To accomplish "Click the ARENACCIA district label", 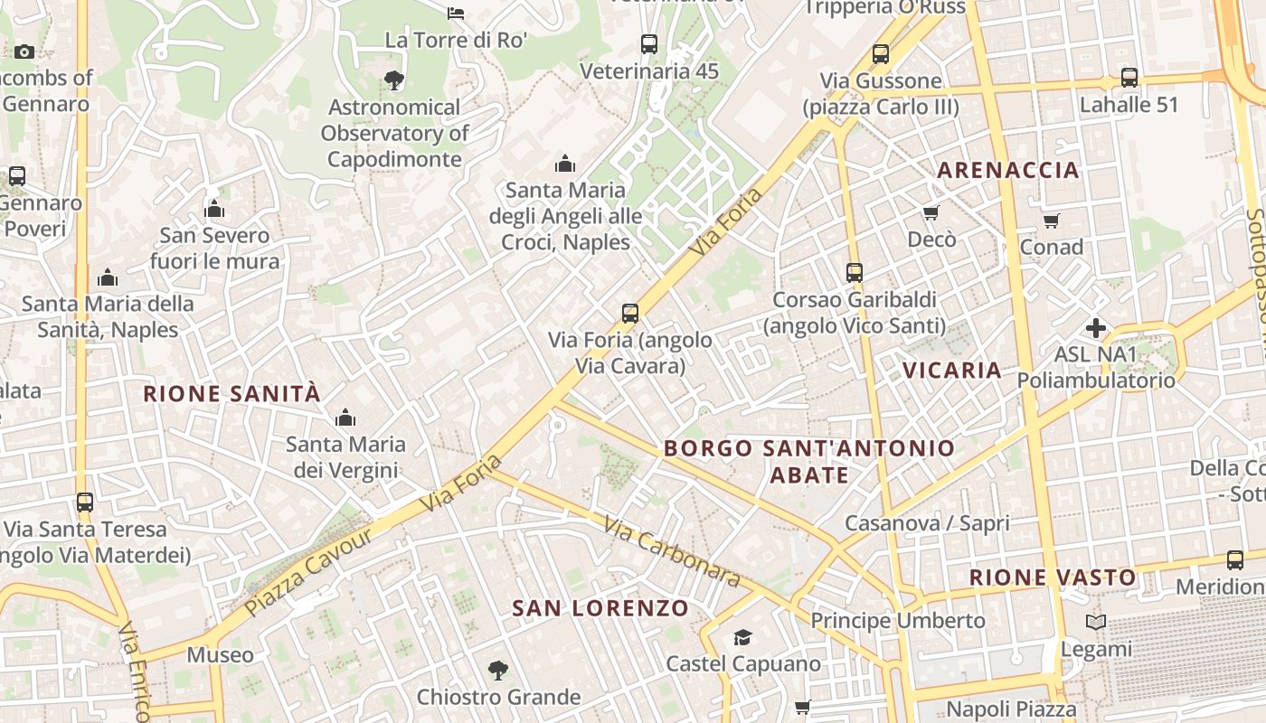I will pyautogui.click(x=1008, y=170).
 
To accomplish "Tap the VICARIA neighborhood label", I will pyautogui.click(x=952, y=370).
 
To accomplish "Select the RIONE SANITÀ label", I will pyautogui.click(x=232, y=394).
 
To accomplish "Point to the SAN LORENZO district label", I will pyautogui.click(x=600, y=608).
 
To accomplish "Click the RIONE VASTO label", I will pyautogui.click(x=1053, y=577).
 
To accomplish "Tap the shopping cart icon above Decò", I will pyautogui.click(x=931, y=213).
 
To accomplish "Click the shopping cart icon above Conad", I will pyautogui.click(x=1051, y=221).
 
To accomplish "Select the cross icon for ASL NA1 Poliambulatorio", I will pyautogui.click(x=1096, y=327).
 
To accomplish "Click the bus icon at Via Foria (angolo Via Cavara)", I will pyautogui.click(x=630, y=314).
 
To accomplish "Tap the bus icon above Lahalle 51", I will pyautogui.click(x=1129, y=78).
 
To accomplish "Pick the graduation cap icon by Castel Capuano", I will pyautogui.click(x=742, y=637).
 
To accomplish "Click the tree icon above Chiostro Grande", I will pyautogui.click(x=497, y=671).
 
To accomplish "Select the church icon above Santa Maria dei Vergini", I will pyautogui.click(x=345, y=418).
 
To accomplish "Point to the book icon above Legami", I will pyautogui.click(x=1096, y=623).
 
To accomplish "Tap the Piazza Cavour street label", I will pyautogui.click(x=308, y=572).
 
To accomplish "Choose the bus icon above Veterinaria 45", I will pyautogui.click(x=648, y=43).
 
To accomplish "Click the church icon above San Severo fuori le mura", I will pyautogui.click(x=214, y=210).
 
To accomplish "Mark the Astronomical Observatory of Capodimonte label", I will pyautogui.click(x=394, y=133).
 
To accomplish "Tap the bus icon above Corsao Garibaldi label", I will pyautogui.click(x=855, y=272).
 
